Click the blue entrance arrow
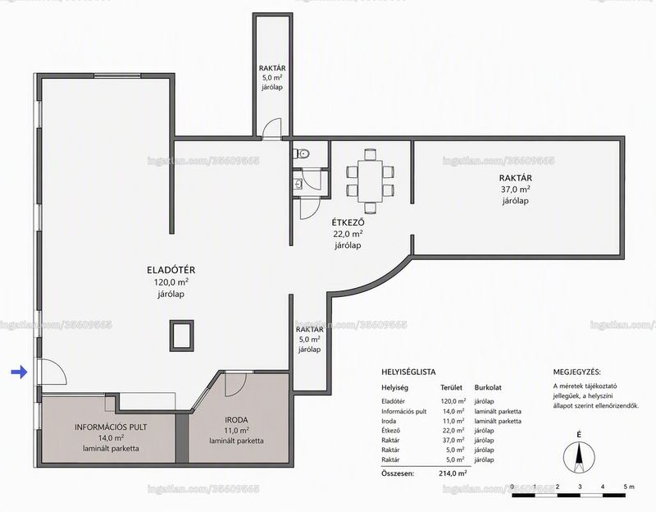[19, 372]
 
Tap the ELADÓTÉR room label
[171, 270]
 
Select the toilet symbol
[301, 154]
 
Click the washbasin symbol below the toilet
[298, 183]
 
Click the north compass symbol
[579, 456]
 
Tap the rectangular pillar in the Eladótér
[181, 336]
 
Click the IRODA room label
[236, 420]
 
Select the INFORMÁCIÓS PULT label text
[111, 427]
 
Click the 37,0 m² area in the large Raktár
[516, 190]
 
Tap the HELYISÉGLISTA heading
[408, 372]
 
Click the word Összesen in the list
[398, 473]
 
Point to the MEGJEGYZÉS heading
[577, 372]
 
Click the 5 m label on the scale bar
[629, 487]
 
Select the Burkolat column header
[488, 387]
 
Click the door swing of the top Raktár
[272, 128]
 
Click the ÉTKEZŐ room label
[348, 222]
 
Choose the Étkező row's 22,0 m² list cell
[453, 431]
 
